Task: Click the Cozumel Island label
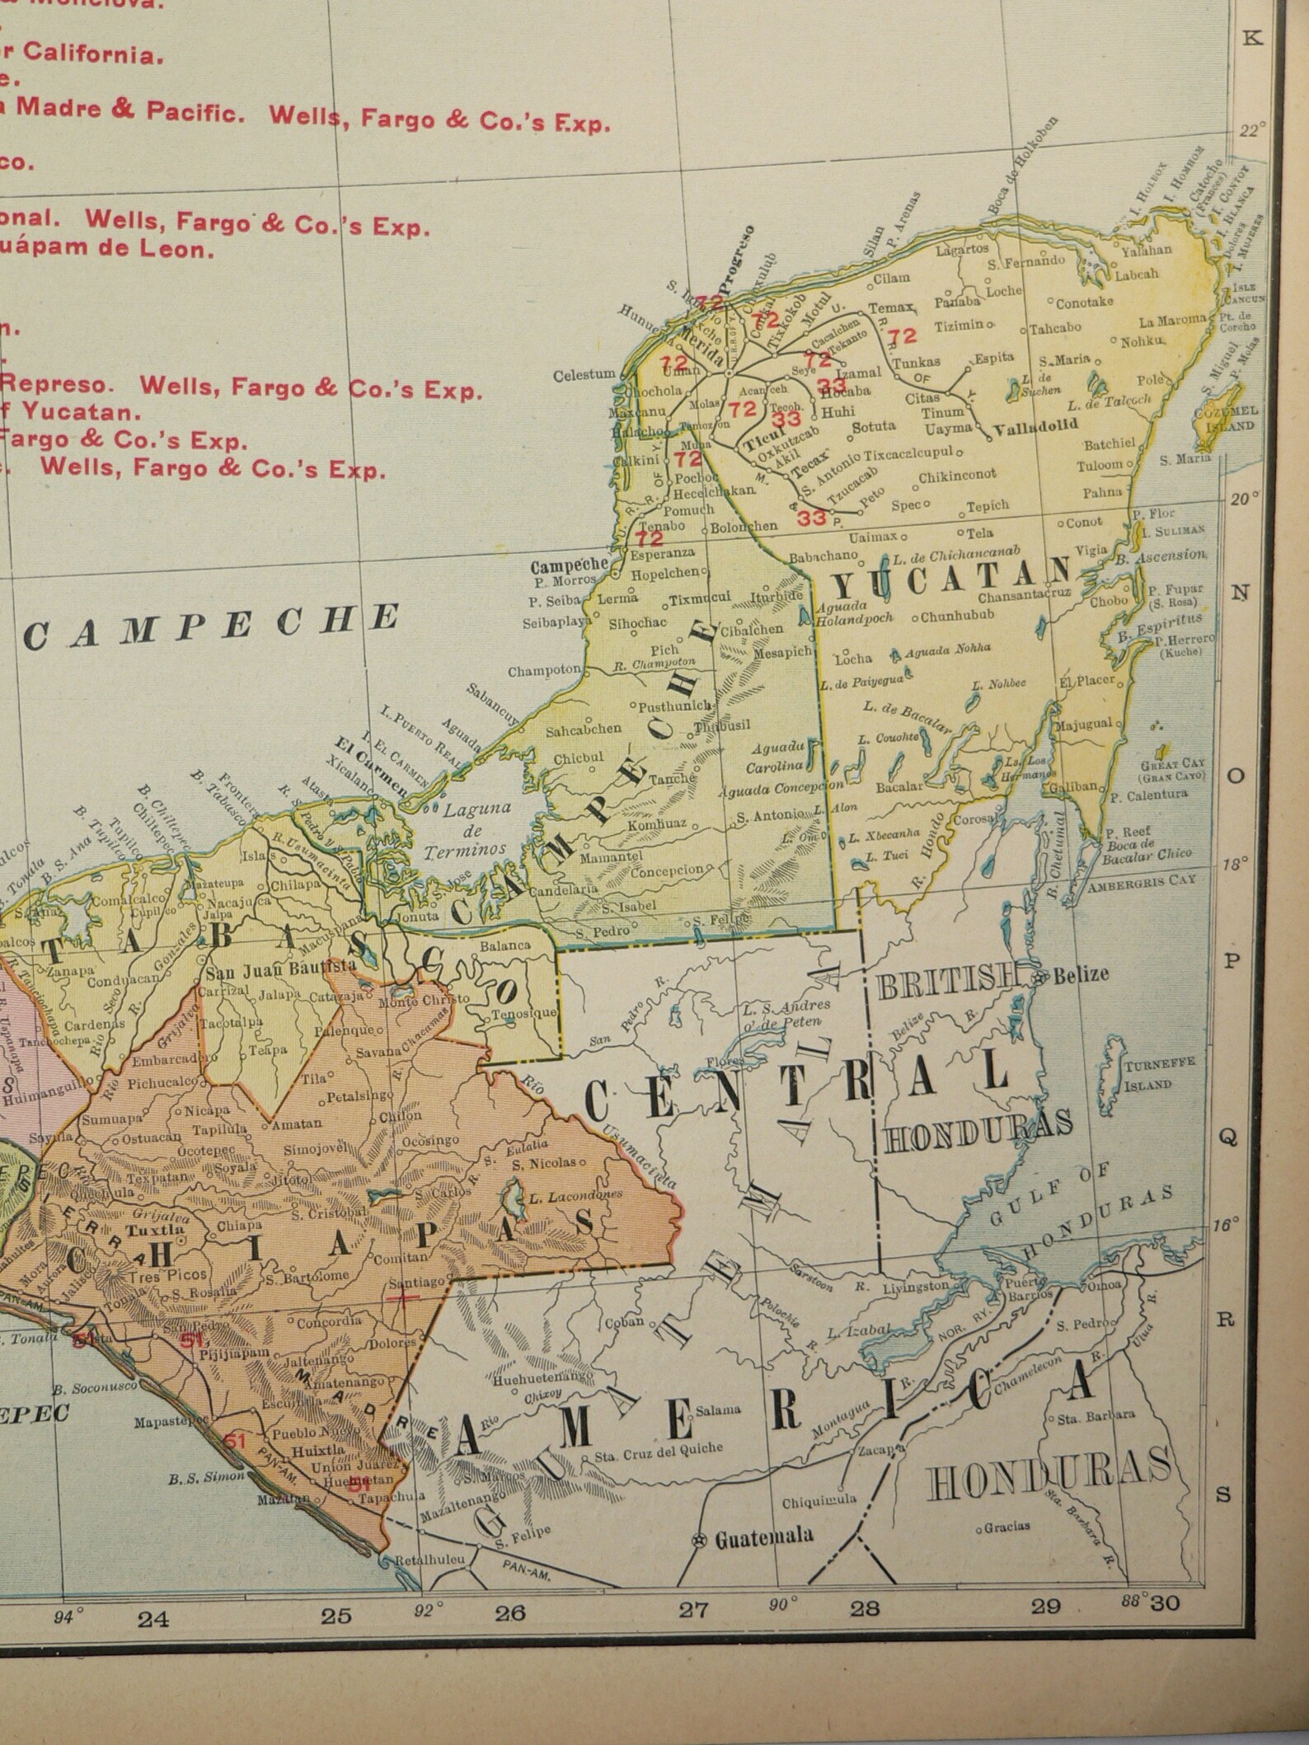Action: [1229, 418]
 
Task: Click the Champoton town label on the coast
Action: [544, 671]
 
